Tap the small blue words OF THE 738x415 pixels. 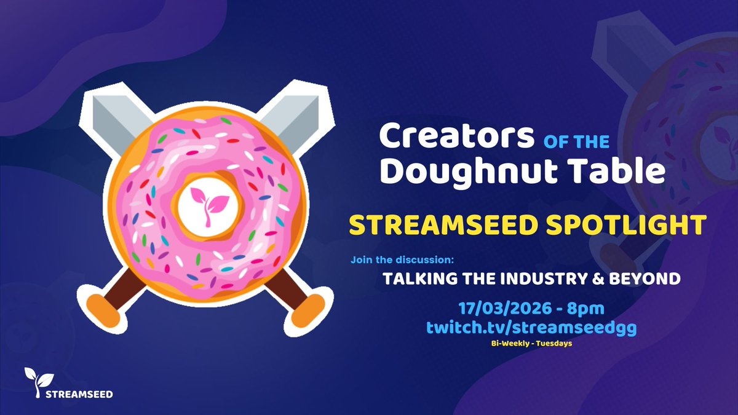[x=576, y=143]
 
